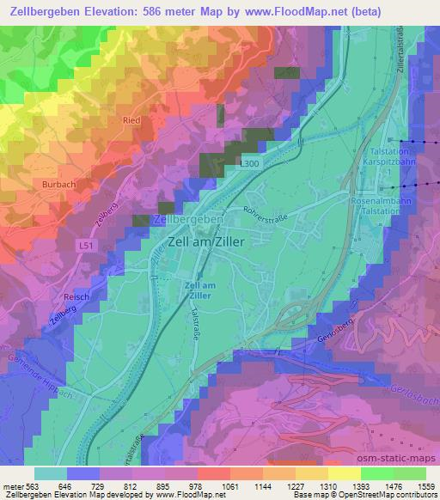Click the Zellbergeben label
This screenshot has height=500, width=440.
click(x=187, y=220)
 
